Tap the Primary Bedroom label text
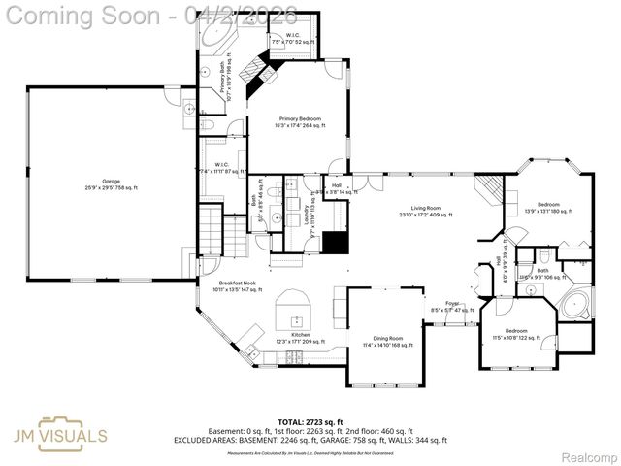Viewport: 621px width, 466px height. click(298, 121)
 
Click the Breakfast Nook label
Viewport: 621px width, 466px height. click(237, 284)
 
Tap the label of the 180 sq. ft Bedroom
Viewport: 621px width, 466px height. click(548, 208)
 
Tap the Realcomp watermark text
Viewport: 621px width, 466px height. click(584, 456)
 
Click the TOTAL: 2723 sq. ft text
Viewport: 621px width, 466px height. click(310, 423)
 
